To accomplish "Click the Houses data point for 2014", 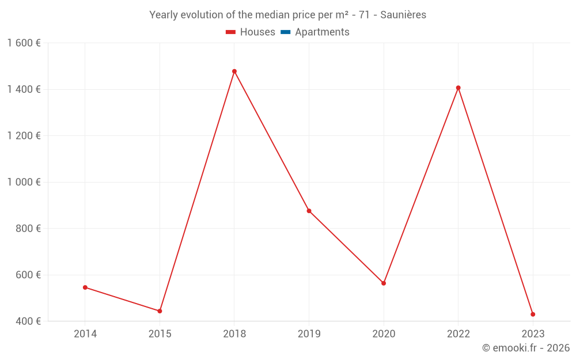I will (x=85, y=287).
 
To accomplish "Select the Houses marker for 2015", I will (x=160, y=311).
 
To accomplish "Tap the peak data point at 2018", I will (x=234, y=71).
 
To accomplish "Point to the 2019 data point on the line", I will (x=309, y=211).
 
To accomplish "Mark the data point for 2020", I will (x=384, y=283).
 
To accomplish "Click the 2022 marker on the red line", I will (x=458, y=88).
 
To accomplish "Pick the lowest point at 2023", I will (x=533, y=314).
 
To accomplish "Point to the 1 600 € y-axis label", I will (x=24, y=43).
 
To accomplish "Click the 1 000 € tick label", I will (x=24, y=182).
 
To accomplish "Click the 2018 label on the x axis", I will (x=234, y=334).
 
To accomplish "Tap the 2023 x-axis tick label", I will (x=533, y=334).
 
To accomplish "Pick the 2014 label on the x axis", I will (x=85, y=334).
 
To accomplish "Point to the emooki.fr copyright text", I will (x=525, y=348).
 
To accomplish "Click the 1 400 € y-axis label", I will (x=24, y=89).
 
